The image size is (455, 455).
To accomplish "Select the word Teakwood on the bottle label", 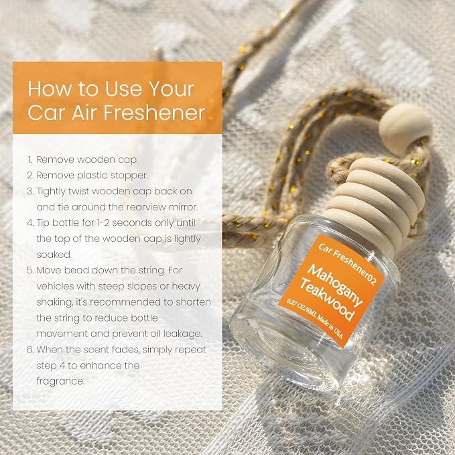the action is [327, 299].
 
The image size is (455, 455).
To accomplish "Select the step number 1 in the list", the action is [30, 159].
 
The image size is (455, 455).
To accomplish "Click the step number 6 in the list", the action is [30, 349].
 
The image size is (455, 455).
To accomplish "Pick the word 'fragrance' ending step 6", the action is [61, 381].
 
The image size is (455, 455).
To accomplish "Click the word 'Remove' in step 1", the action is [55, 159].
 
